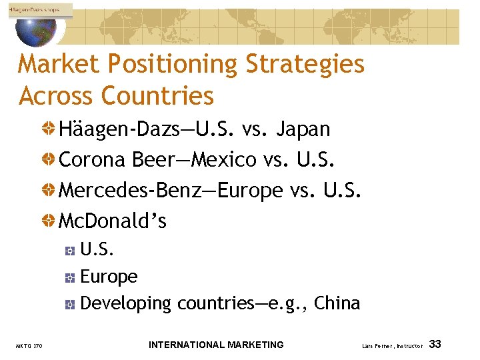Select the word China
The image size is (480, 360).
click(337, 303)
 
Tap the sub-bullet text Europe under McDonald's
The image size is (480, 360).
click(109, 277)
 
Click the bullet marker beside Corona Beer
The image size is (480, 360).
click(49, 159)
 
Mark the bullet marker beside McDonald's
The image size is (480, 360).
click(49, 221)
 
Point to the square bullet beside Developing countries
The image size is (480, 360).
click(71, 305)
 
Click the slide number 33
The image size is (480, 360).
click(435, 345)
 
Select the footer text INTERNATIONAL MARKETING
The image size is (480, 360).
click(216, 345)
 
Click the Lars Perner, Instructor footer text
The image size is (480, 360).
click(393, 346)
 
